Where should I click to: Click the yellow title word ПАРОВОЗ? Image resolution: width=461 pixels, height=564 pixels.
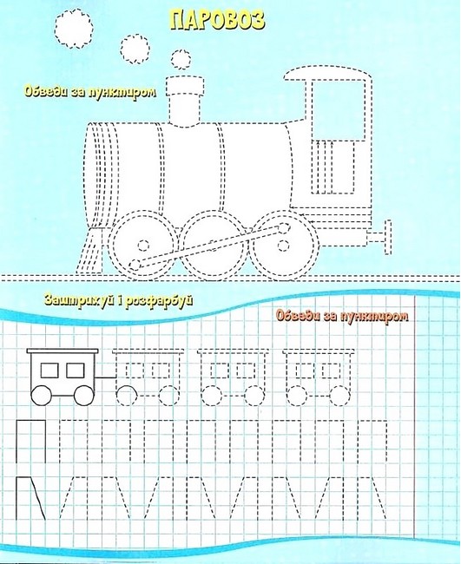pos(217,21)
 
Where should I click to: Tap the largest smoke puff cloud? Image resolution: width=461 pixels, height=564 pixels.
pos(74,29)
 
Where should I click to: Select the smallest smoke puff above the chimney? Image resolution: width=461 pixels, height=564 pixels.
pos(181,59)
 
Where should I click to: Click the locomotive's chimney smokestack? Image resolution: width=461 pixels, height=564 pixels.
pos(185,101)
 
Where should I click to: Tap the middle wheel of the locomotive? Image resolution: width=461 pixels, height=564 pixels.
pos(214,246)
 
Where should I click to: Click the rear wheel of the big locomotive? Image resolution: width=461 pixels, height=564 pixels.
pos(284,246)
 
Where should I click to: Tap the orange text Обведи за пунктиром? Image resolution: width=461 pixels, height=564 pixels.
pos(342,316)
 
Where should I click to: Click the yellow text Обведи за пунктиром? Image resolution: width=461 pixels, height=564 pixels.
pos(90,92)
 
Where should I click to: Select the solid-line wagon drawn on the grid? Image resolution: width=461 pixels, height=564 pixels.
pos(63,377)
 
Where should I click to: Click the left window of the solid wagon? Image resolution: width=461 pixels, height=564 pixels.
pos(49,371)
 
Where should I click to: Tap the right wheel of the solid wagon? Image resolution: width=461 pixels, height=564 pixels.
pos(84,396)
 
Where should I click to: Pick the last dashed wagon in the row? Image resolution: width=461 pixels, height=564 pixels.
pos(319,377)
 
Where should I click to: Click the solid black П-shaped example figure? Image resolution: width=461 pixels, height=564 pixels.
pos(31,442)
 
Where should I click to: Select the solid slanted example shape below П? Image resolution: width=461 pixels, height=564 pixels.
pos(31,498)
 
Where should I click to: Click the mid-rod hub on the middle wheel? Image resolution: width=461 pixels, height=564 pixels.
pos(214,248)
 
